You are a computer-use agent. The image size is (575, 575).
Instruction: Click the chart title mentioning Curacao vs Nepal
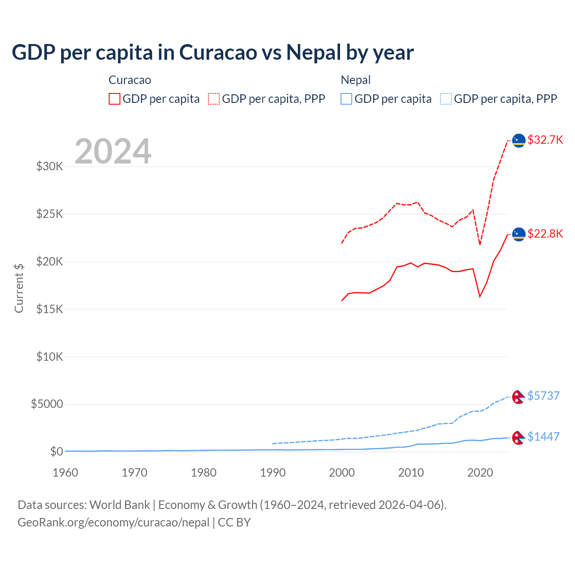pos(212,53)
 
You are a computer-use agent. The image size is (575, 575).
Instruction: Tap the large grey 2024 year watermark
pos(113,151)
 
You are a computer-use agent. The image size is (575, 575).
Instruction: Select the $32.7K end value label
pos(545,140)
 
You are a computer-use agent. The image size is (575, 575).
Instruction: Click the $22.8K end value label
pos(545,234)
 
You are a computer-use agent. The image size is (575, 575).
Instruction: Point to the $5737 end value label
pos(543,396)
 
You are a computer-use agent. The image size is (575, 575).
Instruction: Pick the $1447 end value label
pos(543,437)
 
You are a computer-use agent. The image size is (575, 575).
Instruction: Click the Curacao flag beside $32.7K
pos(519,141)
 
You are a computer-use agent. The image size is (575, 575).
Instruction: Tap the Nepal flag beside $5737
pos(518,397)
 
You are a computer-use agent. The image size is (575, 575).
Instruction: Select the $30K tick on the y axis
pos(50,167)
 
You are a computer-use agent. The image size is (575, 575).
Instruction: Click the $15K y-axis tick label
pos(50,309)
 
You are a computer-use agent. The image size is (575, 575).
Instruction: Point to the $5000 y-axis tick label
pos(47,404)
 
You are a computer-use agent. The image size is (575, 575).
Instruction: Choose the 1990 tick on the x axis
pos(273,473)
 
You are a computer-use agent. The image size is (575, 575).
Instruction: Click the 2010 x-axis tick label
pos(411,473)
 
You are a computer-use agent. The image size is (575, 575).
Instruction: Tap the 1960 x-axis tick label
pos(66,473)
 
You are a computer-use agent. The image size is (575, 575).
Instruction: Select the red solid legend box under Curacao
pos(115,99)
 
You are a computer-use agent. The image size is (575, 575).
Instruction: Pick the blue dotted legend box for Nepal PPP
pos(446,99)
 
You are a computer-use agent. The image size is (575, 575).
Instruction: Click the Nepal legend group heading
pos(356,80)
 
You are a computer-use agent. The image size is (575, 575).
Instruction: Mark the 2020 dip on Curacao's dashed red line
pos(480,244)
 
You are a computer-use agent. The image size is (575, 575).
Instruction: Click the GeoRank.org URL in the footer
pos(113,522)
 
